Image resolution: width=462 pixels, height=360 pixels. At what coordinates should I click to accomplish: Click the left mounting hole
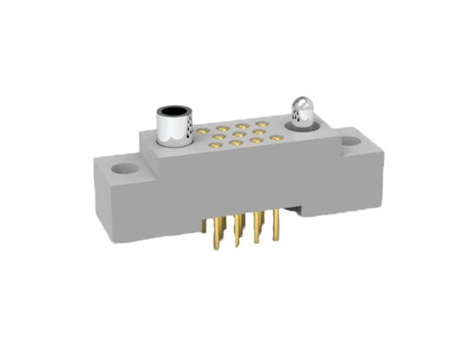(x=122, y=167)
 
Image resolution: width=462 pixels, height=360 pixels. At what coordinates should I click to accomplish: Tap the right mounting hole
(x=350, y=142)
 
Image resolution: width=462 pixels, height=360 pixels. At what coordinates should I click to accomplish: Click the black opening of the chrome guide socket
(x=176, y=112)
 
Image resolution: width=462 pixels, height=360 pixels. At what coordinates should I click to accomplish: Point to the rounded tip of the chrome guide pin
(x=301, y=104)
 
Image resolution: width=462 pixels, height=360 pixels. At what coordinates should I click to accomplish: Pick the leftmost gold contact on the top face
(x=203, y=132)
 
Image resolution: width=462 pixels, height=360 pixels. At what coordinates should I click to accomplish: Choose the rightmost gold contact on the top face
(x=276, y=138)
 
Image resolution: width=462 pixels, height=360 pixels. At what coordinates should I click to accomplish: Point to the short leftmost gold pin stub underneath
(x=203, y=225)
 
